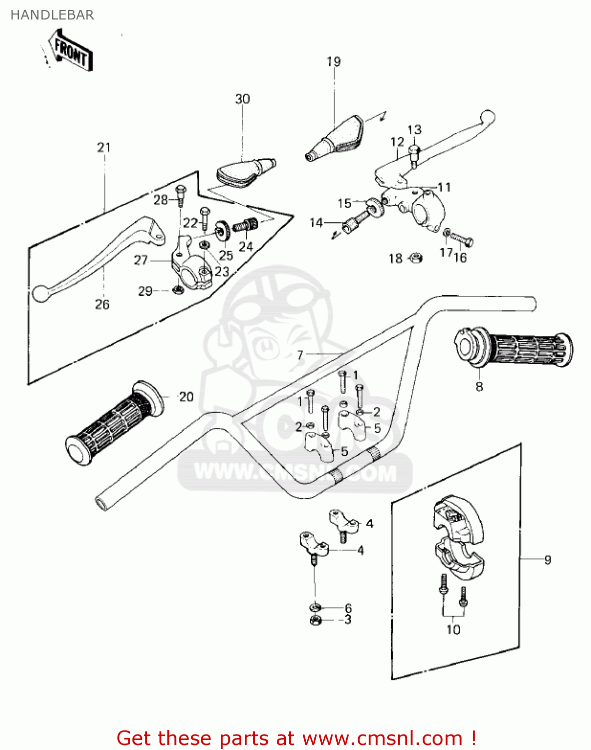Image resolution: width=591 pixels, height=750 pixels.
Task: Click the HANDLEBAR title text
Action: coord(52,15)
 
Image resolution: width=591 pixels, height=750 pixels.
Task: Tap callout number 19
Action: coord(333,61)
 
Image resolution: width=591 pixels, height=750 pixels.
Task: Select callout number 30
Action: coord(242,99)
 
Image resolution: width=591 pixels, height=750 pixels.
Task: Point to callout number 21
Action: coord(104,147)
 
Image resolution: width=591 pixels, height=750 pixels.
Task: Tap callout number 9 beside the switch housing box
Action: coord(548,560)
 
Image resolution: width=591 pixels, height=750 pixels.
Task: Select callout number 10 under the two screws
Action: coord(453,629)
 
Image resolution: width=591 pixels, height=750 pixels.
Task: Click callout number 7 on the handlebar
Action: coord(300,355)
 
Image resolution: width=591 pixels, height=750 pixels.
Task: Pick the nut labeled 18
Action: coord(416,258)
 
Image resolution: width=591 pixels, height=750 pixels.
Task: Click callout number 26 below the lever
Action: coord(102,304)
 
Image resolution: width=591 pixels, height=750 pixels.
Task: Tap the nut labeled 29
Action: coord(176,289)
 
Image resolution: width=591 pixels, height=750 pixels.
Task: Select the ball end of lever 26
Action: coord(40,293)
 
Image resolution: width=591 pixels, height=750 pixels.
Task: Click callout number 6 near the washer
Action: coord(348,608)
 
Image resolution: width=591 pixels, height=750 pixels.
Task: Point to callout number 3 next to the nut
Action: coord(348,620)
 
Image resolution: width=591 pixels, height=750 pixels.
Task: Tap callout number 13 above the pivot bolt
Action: coord(415,130)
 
